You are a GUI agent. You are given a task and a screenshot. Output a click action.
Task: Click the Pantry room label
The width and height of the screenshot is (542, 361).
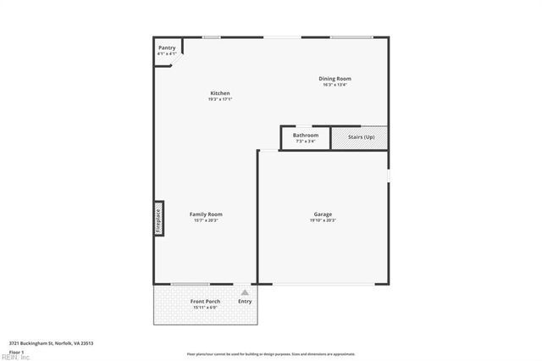click(167, 48)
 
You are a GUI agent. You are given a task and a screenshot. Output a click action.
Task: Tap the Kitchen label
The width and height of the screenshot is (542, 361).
click(220, 93)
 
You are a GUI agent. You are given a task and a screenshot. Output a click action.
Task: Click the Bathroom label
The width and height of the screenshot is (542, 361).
click(306, 136)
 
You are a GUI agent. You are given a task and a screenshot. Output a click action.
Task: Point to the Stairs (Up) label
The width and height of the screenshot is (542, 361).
click(359, 136)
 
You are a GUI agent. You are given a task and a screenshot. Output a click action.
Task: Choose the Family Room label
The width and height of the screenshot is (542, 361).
click(206, 214)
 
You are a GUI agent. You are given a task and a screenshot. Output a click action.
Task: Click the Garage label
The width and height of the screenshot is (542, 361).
click(323, 214)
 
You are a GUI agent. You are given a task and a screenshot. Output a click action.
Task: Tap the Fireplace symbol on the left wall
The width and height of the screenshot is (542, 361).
click(158, 219)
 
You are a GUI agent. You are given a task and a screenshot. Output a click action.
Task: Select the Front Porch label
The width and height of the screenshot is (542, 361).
click(206, 301)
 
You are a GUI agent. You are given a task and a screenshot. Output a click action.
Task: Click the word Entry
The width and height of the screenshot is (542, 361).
click(245, 301)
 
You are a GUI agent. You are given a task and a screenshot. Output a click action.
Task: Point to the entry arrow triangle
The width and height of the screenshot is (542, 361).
click(246, 292)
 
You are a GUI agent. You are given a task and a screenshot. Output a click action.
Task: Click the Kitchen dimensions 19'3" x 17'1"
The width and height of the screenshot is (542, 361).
click(220, 99)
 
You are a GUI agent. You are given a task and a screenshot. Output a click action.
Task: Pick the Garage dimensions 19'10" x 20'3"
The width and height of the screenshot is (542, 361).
click(323, 220)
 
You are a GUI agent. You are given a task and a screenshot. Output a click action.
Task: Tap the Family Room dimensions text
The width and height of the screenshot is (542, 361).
click(206, 220)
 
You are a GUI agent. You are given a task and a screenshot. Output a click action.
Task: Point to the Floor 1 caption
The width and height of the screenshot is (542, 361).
click(17, 351)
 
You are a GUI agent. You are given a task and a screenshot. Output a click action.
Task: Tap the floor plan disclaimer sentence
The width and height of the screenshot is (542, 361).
click(271, 354)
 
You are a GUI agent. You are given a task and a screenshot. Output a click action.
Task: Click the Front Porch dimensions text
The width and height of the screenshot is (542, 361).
click(206, 307)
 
